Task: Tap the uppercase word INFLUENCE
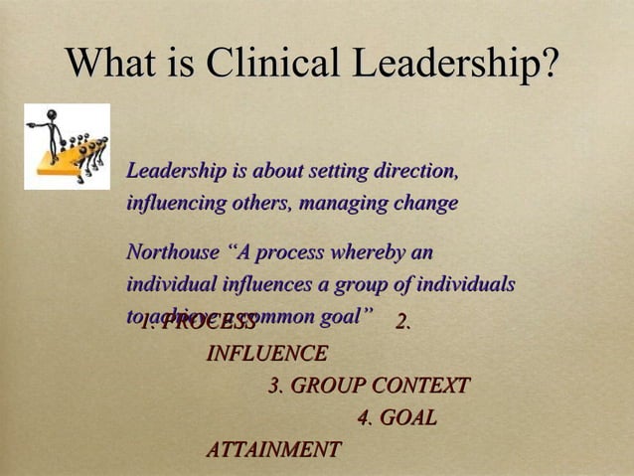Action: (266, 353)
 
